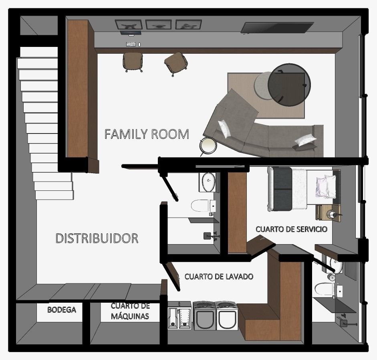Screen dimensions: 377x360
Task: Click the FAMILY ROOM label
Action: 147,134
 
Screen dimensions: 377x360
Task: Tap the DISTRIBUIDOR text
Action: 97,238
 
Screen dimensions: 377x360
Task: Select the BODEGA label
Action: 62,310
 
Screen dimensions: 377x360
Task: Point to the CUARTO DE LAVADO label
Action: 219,277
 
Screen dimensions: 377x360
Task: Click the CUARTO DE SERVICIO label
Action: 291,229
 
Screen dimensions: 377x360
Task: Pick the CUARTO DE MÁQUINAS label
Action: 130,311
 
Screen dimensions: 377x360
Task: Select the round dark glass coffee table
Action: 289,85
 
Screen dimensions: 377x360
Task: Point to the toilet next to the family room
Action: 204,206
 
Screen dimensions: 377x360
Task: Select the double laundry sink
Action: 179,316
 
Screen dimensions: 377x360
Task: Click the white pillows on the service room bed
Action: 326,186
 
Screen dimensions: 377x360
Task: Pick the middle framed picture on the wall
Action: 158,25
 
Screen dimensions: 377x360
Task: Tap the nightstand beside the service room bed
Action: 329,213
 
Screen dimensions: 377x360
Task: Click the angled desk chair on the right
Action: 176,63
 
